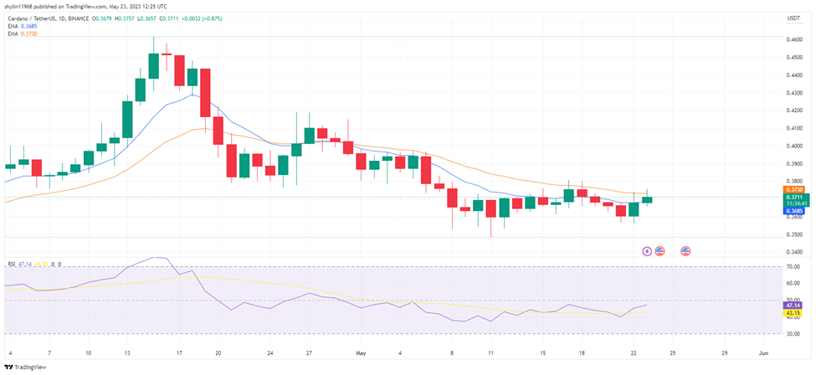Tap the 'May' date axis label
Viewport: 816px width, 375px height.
click(x=362, y=352)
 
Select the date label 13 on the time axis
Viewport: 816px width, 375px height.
click(x=127, y=352)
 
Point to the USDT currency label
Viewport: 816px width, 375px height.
click(x=794, y=18)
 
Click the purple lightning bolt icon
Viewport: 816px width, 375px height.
click(x=646, y=250)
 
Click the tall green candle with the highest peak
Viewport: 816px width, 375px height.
click(x=154, y=65)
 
